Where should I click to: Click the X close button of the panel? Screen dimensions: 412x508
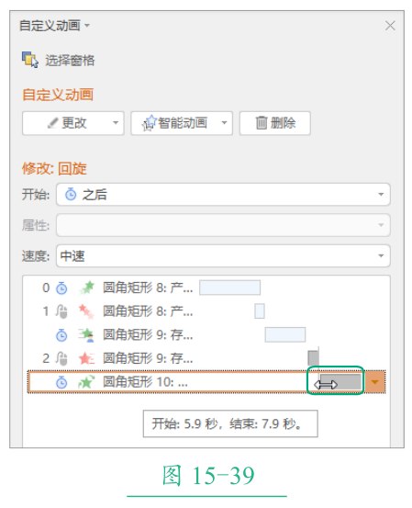click(x=390, y=26)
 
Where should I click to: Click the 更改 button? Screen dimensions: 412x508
click(x=73, y=123)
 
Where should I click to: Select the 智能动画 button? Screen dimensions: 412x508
click(x=182, y=123)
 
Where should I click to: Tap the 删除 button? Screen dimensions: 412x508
click(x=275, y=123)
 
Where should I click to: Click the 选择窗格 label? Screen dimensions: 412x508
click(x=70, y=61)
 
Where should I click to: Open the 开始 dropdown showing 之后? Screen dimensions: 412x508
click(x=223, y=195)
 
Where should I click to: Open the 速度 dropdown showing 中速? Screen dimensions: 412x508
click(x=223, y=256)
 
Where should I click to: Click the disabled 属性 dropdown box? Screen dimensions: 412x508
click(x=223, y=225)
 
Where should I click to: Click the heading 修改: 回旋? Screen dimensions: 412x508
click(x=54, y=169)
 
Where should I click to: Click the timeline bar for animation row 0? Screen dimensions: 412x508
click(x=229, y=288)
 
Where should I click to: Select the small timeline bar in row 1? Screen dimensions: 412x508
click(x=260, y=311)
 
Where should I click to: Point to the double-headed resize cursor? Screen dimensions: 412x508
click(x=326, y=385)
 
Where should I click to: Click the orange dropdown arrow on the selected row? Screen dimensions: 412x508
click(x=374, y=382)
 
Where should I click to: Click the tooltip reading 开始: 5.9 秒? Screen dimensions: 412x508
click(x=230, y=423)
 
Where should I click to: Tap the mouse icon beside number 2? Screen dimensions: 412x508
click(x=61, y=358)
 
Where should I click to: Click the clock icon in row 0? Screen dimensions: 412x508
click(x=61, y=288)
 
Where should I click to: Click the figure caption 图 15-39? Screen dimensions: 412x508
click(x=208, y=476)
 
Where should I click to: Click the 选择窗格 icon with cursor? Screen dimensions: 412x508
click(x=30, y=60)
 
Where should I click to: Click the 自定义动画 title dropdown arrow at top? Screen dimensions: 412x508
click(x=87, y=26)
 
